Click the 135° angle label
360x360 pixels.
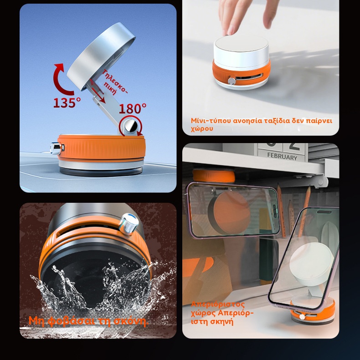(67, 103)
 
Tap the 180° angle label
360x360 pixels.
(133, 108)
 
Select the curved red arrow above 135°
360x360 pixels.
(62, 79)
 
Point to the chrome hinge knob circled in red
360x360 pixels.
(131, 126)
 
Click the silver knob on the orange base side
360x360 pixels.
(56, 148)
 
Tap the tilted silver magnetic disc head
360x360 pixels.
(101, 57)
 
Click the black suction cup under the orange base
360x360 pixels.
(101, 171)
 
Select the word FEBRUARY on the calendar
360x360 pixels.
(282, 157)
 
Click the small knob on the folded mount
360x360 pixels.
(231, 81)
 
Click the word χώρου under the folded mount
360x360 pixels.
(202, 129)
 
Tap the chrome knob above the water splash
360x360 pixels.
(129, 224)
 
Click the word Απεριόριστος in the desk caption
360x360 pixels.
(218, 304)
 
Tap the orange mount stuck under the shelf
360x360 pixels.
(214, 176)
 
